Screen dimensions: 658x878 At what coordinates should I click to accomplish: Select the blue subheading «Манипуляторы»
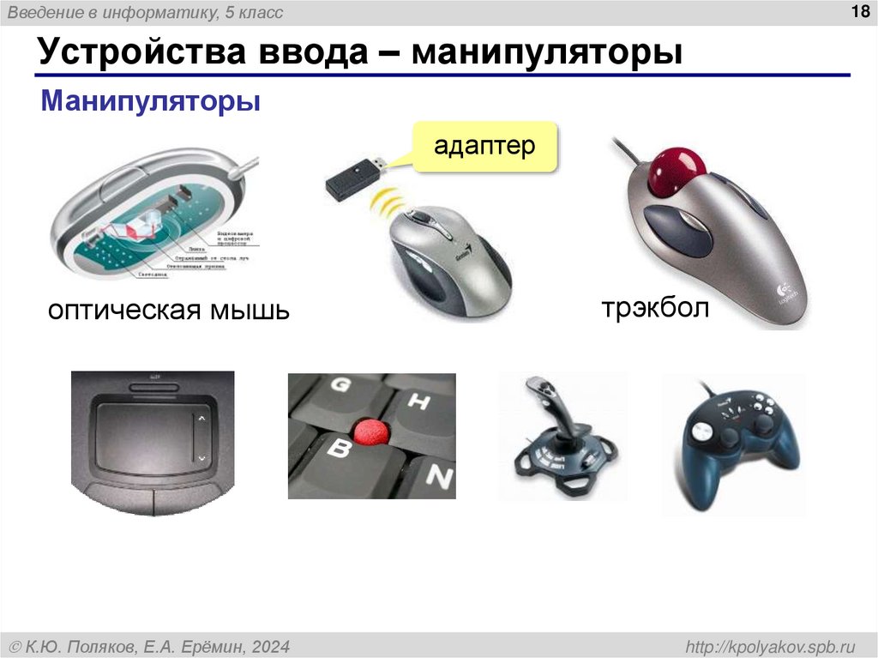151,103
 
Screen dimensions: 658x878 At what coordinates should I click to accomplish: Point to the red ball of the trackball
675,169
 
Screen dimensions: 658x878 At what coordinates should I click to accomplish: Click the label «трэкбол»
655,309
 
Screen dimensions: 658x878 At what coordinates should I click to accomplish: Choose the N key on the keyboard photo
438,474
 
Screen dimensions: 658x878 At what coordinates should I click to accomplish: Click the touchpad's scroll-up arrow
201,419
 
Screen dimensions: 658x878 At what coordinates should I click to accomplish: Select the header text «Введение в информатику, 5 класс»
146,13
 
